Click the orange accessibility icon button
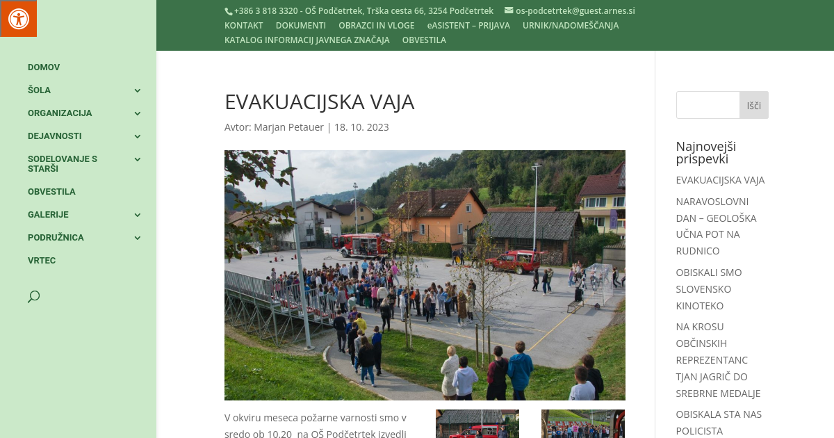[x=18, y=18]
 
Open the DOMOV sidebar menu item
[x=44, y=67]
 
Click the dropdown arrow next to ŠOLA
[x=138, y=90]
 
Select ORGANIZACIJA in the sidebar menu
[x=60, y=113]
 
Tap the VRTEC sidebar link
[x=42, y=261]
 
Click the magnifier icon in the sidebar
[x=33, y=297]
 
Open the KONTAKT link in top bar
[x=243, y=26]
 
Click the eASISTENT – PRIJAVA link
[x=468, y=26]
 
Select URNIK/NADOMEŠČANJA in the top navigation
[x=571, y=26]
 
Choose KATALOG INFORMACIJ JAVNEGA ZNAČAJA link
[x=306, y=40]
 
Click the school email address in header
[x=575, y=11]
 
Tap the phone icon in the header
[x=228, y=11]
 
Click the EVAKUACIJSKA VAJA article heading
[x=319, y=102]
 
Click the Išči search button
[x=754, y=105]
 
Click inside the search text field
[x=708, y=105]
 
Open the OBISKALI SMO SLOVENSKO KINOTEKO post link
[x=709, y=289]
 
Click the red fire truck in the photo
[x=363, y=245]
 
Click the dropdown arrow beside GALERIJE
[x=138, y=215]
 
